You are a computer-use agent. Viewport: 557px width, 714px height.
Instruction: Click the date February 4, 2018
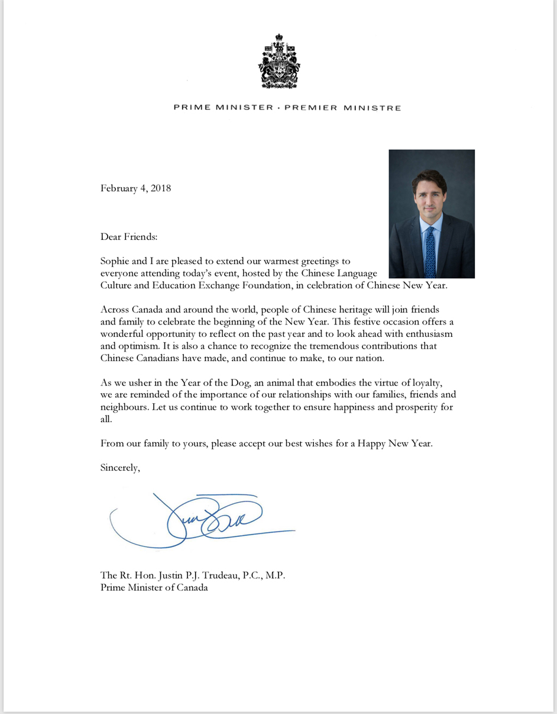[135, 188]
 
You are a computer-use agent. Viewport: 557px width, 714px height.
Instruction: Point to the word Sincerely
[120, 467]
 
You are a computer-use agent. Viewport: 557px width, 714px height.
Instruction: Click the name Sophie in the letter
[116, 260]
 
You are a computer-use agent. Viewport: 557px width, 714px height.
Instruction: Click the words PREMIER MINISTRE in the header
[344, 108]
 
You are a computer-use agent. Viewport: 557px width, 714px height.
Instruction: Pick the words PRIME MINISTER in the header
[223, 108]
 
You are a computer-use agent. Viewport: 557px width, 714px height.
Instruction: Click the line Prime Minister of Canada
[154, 588]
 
